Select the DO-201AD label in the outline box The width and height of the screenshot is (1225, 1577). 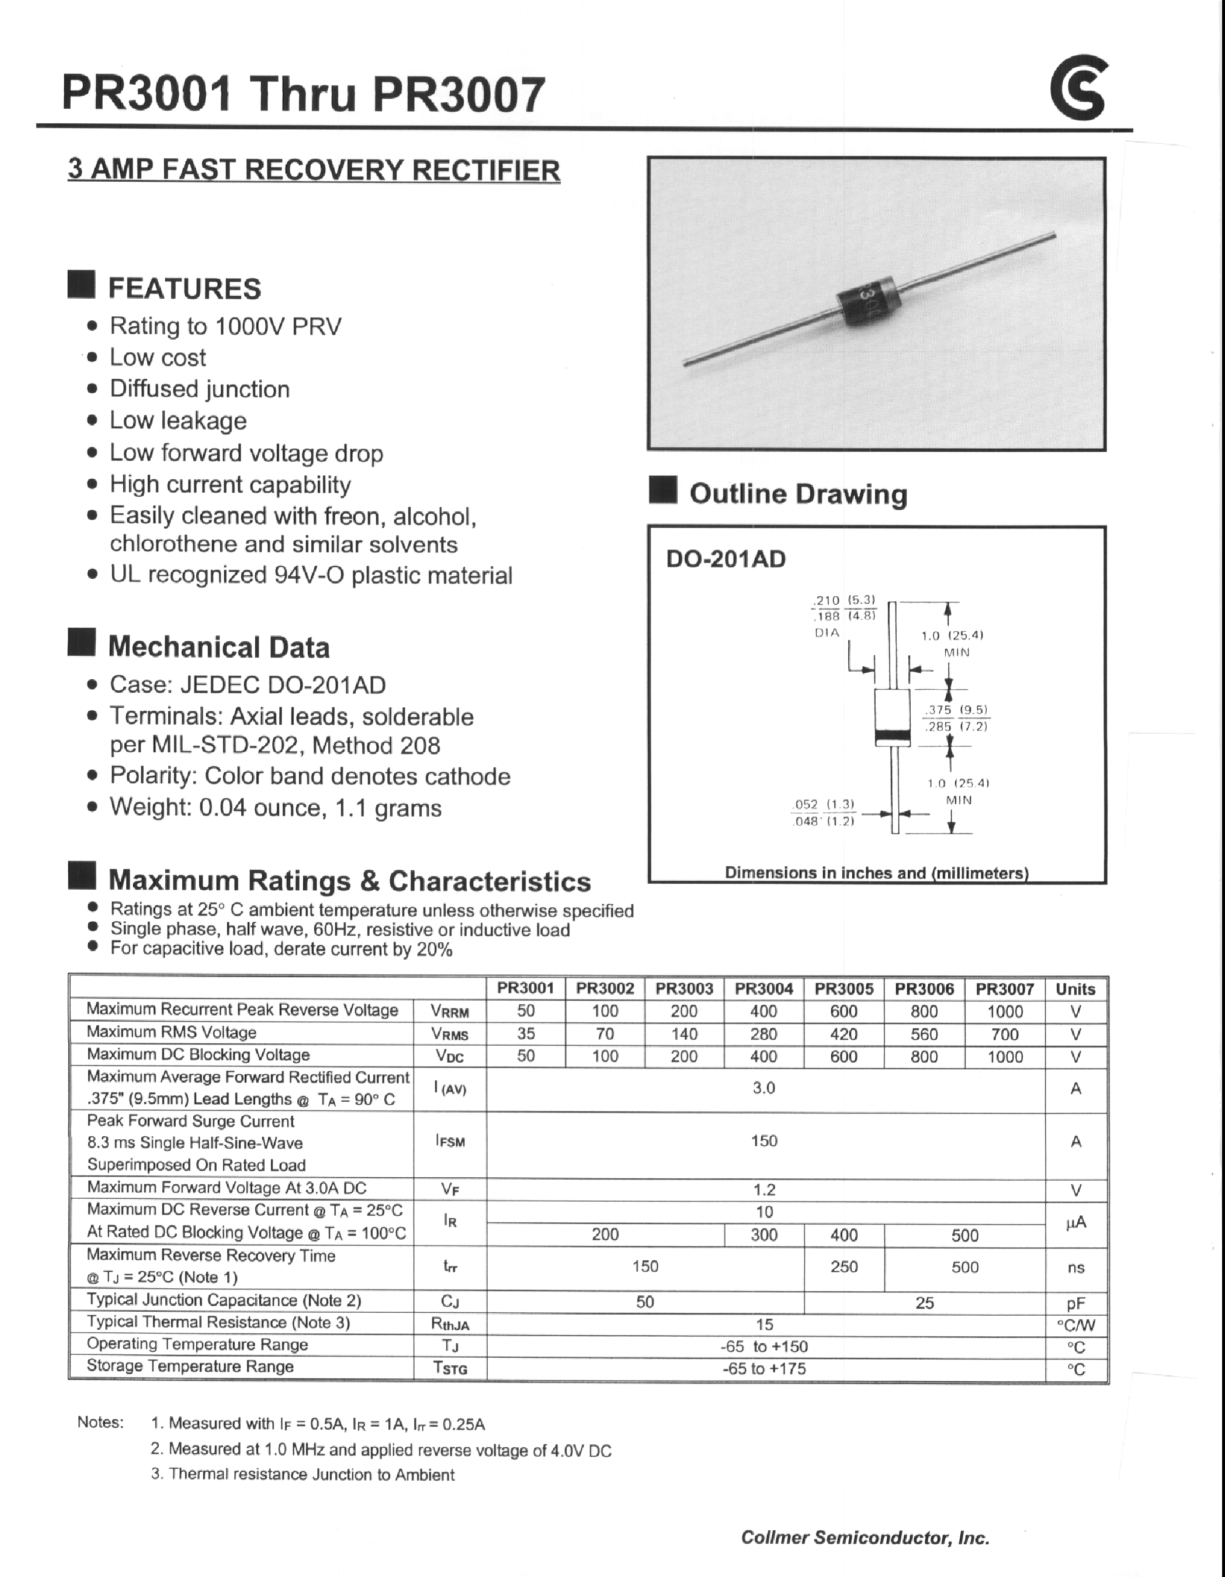726,559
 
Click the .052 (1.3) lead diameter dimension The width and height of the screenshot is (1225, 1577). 823,804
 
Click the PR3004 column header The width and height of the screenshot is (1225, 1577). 764,988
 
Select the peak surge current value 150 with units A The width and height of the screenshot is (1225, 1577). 764,1141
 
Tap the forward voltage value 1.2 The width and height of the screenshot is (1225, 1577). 764,1189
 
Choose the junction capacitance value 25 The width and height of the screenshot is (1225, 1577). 924,1303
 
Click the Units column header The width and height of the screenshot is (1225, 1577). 1075,989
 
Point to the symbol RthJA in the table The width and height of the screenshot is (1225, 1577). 450,1325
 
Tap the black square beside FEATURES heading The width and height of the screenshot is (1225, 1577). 82,285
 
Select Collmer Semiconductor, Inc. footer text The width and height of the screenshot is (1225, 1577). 865,1537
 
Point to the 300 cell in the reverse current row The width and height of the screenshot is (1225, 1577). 764,1234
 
